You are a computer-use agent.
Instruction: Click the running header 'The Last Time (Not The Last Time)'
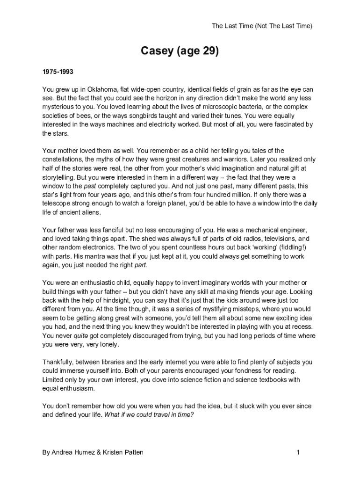click(x=262, y=26)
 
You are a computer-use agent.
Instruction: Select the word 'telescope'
click(x=57, y=203)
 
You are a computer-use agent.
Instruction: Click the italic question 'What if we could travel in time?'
click(x=149, y=414)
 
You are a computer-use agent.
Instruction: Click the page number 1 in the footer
click(x=297, y=452)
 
